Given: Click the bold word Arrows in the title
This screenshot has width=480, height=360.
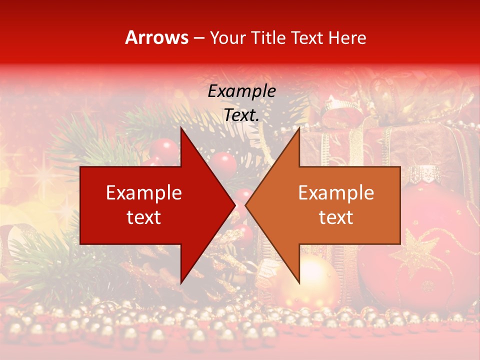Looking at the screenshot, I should tap(157, 37).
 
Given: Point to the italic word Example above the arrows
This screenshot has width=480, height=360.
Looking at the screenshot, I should tap(241, 91).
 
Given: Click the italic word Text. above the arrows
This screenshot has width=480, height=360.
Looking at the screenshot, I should tap(241, 115).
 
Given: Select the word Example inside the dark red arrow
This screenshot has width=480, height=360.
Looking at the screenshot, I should tap(144, 193).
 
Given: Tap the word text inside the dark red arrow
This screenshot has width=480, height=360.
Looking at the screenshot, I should tap(144, 217).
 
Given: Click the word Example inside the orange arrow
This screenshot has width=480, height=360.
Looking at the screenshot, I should tap(336, 193).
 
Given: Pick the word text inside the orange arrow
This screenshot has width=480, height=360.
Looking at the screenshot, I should tap(336, 217).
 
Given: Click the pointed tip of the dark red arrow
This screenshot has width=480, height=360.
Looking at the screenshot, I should tap(235, 205).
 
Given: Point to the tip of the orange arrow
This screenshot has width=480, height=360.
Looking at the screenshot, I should tap(245, 205).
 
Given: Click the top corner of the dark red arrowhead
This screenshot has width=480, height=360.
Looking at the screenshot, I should tap(181, 128).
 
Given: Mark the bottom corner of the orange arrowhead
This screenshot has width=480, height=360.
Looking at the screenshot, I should tap(299, 283).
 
